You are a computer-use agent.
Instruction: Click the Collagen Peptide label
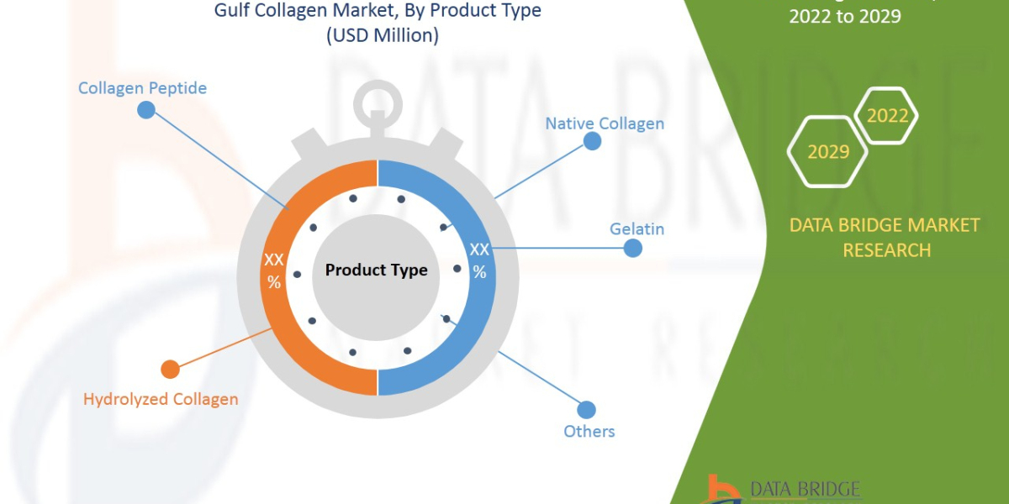point(142,87)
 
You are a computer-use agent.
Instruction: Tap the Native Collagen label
point(605,123)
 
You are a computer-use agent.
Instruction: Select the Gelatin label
point(637,228)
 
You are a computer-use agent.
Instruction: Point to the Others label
point(589,431)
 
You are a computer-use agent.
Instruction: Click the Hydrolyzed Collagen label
point(161,399)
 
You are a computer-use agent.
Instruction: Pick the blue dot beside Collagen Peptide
point(146,110)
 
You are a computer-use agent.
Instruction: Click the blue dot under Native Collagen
point(593,141)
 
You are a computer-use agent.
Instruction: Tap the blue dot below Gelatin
point(632,248)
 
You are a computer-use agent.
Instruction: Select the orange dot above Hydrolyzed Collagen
point(170,370)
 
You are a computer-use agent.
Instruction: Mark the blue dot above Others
point(586,410)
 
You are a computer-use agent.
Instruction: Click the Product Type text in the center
point(376,270)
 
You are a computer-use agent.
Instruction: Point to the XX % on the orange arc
point(274,270)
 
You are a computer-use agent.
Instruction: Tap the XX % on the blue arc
point(479,260)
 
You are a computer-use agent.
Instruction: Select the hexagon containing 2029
point(827,152)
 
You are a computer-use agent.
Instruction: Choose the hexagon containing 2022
point(887,116)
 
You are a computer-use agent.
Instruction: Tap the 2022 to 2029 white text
point(844,15)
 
